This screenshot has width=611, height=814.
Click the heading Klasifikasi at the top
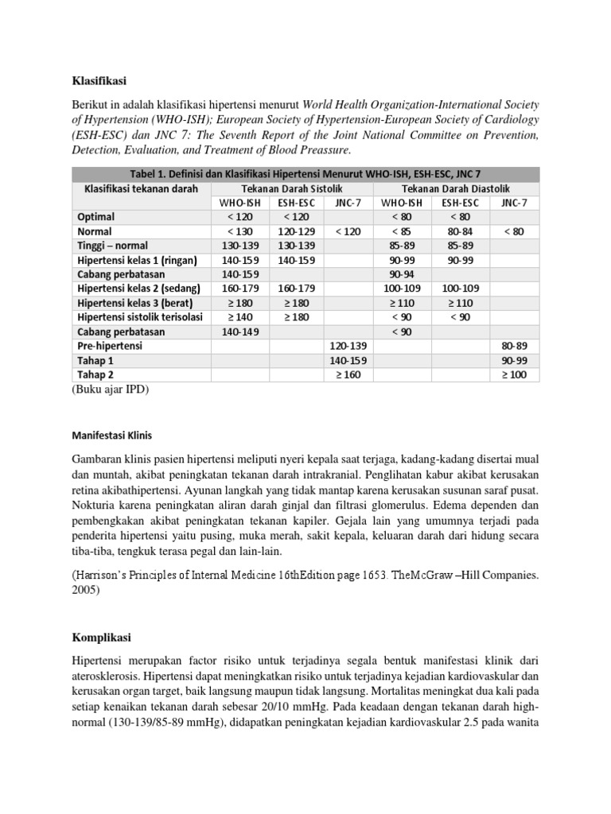[x=99, y=80]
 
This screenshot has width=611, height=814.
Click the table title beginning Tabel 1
[x=305, y=174]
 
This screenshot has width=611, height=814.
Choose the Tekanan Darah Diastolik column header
[x=457, y=188]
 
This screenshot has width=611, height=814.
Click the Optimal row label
[x=96, y=217]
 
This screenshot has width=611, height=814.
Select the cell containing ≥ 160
[x=350, y=374]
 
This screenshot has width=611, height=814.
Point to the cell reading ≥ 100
[x=515, y=374]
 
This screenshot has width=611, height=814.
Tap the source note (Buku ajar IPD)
[x=111, y=390]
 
